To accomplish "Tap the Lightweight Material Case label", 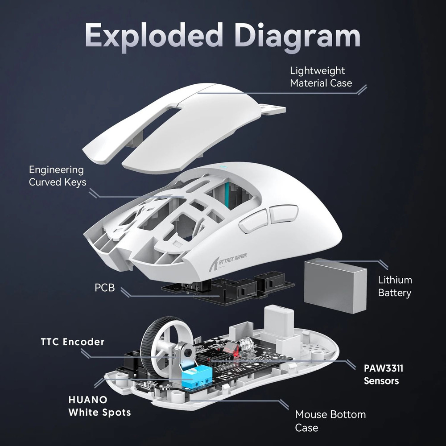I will (x=321, y=77).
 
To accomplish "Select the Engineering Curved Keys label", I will (x=57, y=176).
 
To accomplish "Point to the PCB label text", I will (x=105, y=288).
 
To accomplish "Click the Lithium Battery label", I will (x=394, y=286).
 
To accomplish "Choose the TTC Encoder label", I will (x=72, y=342).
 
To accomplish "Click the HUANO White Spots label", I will (x=99, y=405).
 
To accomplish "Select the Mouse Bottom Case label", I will (x=330, y=421).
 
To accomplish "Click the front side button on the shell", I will (x=253, y=221).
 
